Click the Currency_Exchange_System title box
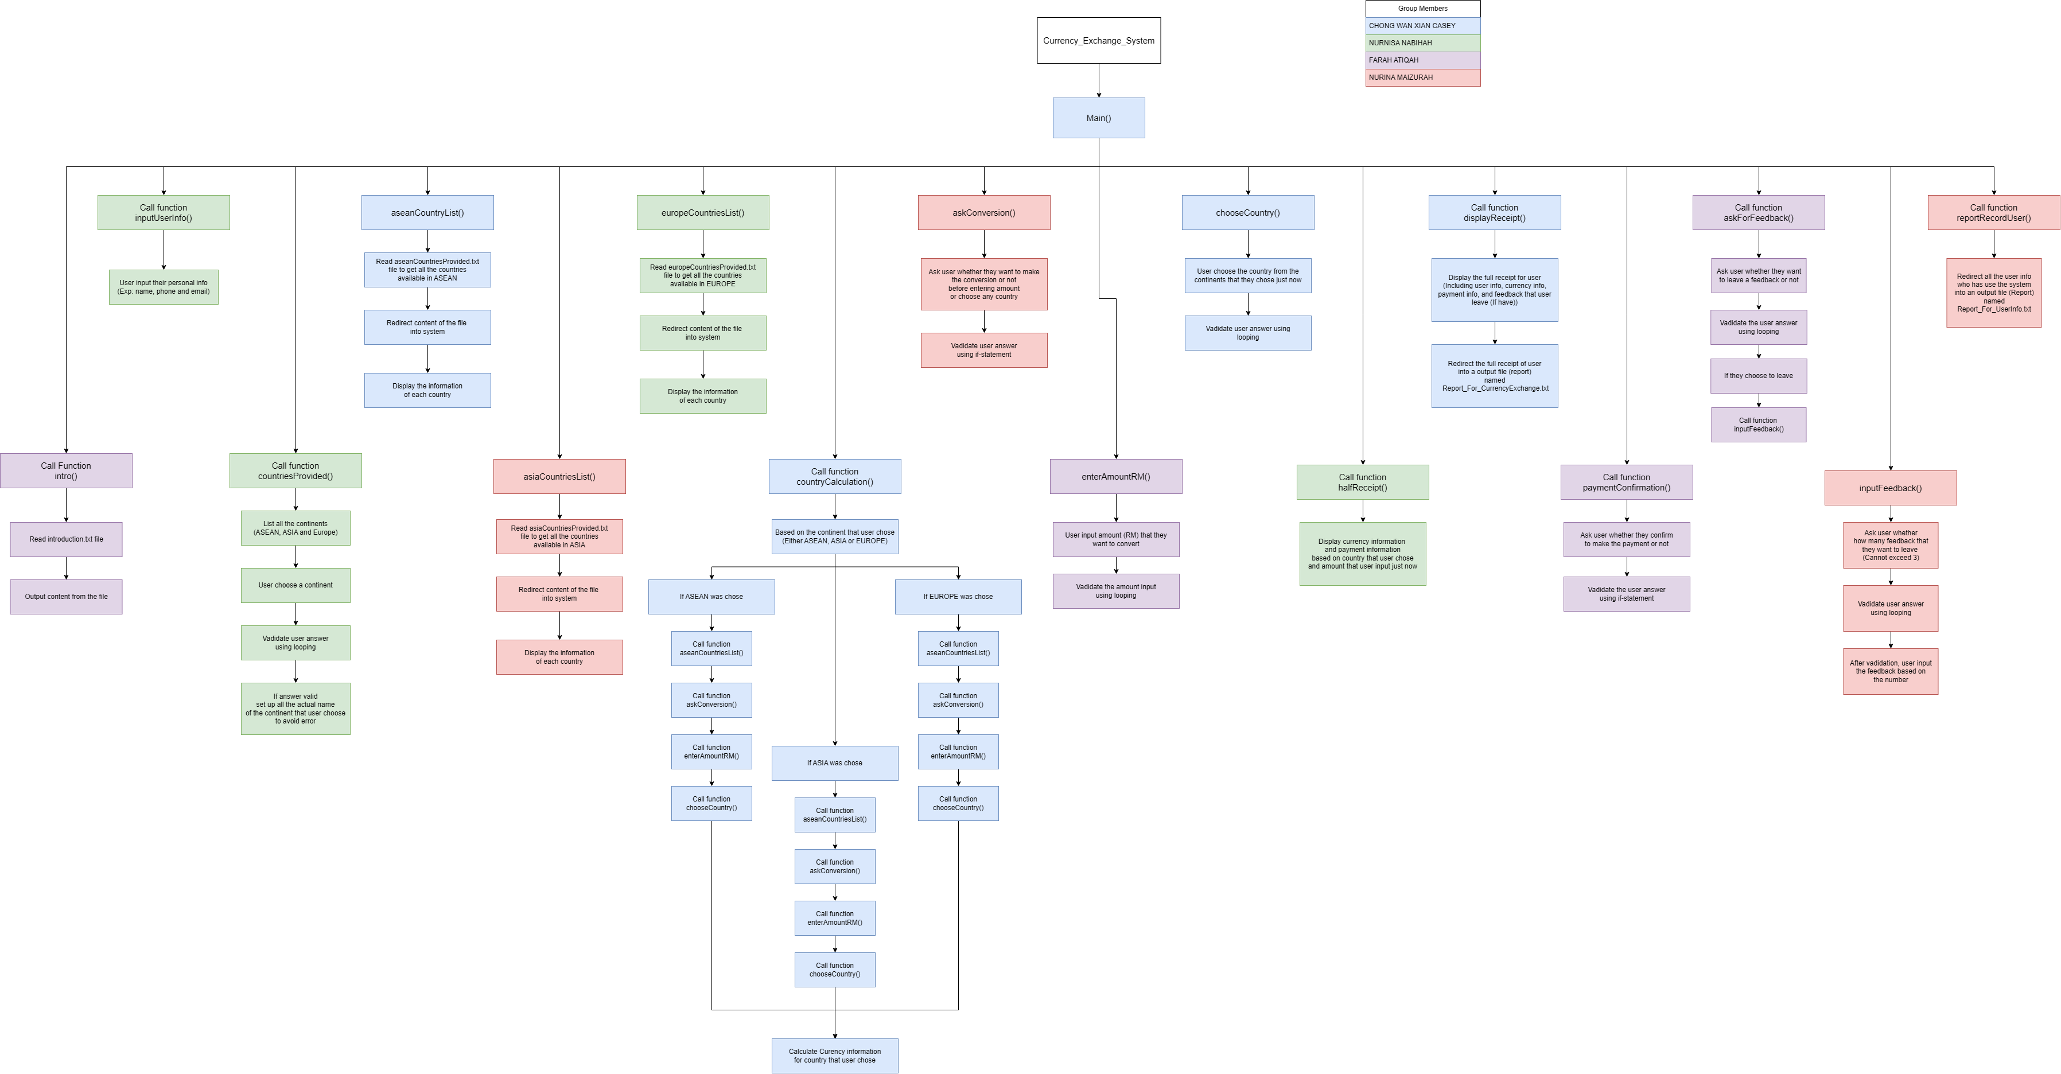coord(1099,41)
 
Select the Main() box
coord(1099,118)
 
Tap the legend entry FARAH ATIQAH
coord(1422,60)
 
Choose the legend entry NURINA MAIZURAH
coord(1422,77)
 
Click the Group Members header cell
coord(1422,9)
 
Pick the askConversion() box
coord(983,213)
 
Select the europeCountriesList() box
coord(702,213)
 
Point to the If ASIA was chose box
coord(834,763)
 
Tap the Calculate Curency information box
coord(834,1056)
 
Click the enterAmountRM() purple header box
coord(1115,477)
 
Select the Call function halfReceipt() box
coord(1363,482)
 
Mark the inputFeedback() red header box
coord(1890,488)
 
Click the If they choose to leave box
coord(1759,376)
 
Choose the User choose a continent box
coord(295,585)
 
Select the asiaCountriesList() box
coord(559,477)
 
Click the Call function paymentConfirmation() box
coord(1627,482)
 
